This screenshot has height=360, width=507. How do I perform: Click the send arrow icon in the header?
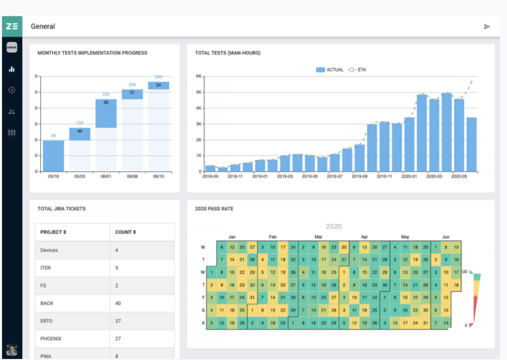(487, 26)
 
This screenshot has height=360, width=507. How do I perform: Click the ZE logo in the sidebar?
(11, 26)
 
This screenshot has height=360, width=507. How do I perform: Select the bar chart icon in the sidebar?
(12, 69)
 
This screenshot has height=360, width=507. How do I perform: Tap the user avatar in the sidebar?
(11, 349)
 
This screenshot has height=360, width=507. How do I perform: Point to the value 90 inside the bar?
(106, 102)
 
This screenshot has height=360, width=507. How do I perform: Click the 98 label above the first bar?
(53, 136)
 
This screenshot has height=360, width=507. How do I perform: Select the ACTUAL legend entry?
(330, 70)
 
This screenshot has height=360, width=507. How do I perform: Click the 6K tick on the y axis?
(199, 76)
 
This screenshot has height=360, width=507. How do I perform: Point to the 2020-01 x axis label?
(409, 176)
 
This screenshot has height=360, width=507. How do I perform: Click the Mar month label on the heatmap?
(318, 237)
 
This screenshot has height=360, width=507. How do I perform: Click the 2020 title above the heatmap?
(333, 226)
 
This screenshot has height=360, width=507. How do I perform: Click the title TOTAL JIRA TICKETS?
(61, 209)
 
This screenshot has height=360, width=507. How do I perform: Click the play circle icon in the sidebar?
(12, 90)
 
